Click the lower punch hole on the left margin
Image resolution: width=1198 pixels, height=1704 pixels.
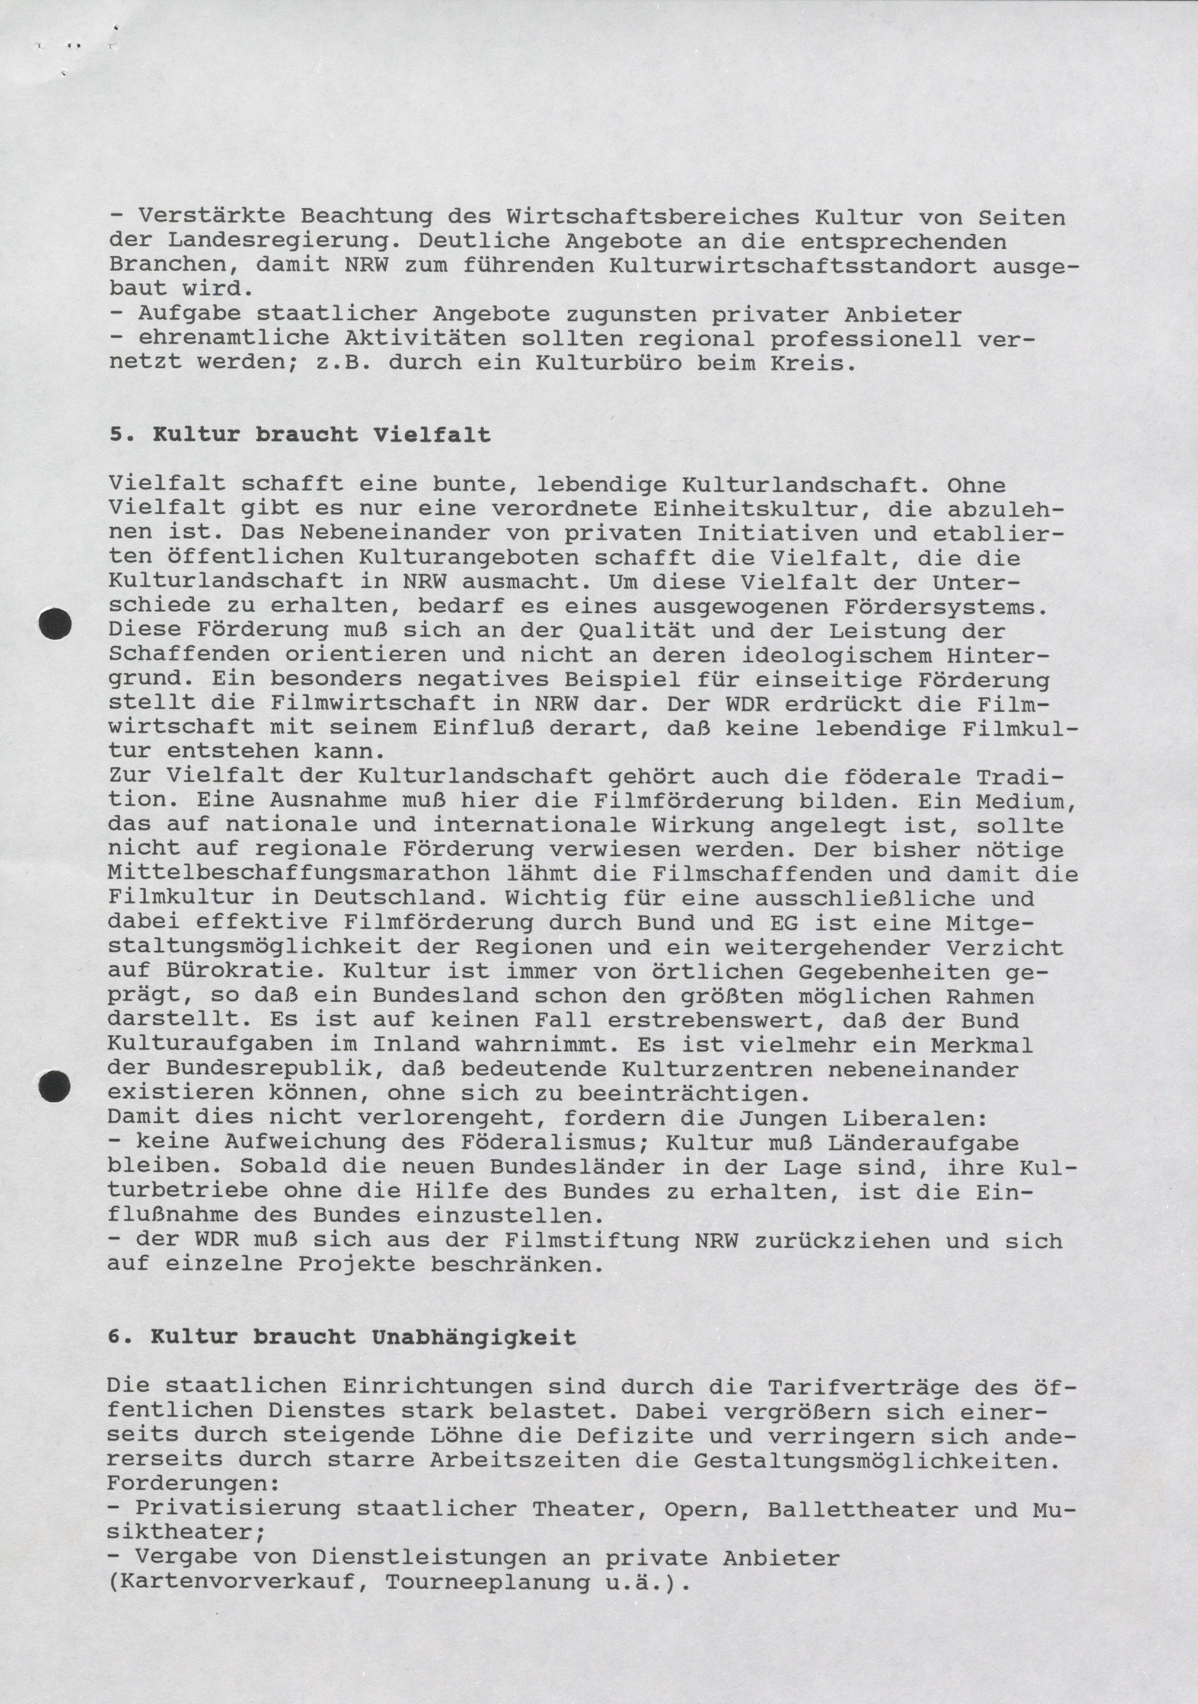point(54,1086)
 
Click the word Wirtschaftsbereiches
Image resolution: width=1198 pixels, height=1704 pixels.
point(653,217)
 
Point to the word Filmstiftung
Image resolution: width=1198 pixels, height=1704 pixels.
point(592,1241)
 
